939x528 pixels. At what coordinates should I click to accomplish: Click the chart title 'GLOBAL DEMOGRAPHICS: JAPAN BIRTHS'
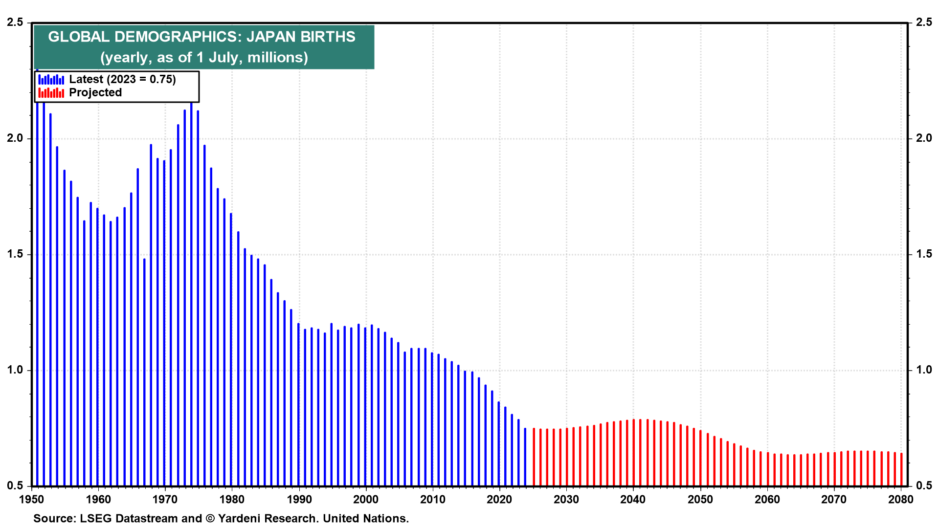point(201,37)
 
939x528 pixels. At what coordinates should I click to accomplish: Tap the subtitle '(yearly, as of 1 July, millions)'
point(204,57)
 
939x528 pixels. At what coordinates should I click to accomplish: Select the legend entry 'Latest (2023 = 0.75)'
point(122,79)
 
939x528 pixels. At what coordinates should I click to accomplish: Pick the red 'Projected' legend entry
point(95,92)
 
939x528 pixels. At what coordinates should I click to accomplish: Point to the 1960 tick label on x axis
point(98,499)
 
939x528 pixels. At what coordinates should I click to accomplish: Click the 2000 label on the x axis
point(366,499)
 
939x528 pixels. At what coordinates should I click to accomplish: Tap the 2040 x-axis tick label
point(633,499)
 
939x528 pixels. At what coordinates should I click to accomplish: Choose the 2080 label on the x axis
point(901,499)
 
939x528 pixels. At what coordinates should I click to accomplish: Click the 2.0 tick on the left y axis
point(15,138)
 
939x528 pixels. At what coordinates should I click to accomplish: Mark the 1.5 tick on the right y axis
point(924,254)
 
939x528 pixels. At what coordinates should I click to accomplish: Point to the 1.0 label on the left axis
point(15,370)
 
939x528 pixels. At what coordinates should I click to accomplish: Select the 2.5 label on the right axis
point(924,22)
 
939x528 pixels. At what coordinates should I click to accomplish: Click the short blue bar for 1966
point(144,372)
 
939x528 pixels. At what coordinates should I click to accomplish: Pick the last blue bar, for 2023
point(525,457)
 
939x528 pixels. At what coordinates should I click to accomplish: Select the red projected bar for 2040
point(634,452)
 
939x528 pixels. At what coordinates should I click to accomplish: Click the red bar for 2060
point(768,469)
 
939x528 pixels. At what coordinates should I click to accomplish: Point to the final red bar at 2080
point(901,469)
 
